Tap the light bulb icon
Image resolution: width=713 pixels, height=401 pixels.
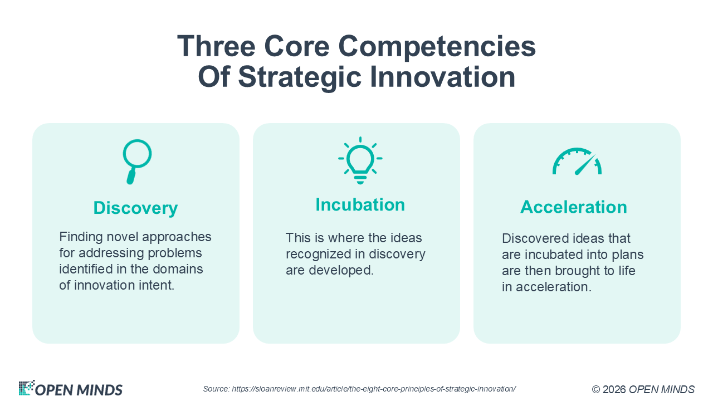click(x=360, y=161)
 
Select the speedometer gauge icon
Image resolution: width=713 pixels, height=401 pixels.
click(x=577, y=162)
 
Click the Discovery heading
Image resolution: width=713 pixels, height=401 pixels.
click(x=135, y=208)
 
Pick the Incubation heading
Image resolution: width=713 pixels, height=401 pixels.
click(x=360, y=204)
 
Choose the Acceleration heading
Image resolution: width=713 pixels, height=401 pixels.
click(x=574, y=207)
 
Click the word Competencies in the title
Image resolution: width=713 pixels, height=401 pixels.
click(x=437, y=47)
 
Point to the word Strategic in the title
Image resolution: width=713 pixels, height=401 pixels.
click(x=300, y=77)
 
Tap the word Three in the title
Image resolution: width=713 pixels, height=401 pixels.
click(x=217, y=46)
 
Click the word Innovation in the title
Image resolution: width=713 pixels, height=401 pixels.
click(x=442, y=77)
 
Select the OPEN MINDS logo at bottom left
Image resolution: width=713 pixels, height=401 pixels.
click(x=70, y=389)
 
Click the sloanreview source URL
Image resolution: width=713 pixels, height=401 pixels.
click(x=374, y=389)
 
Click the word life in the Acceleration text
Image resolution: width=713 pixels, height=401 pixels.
click(x=627, y=271)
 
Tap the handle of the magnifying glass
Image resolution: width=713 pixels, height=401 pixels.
click(x=131, y=177)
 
